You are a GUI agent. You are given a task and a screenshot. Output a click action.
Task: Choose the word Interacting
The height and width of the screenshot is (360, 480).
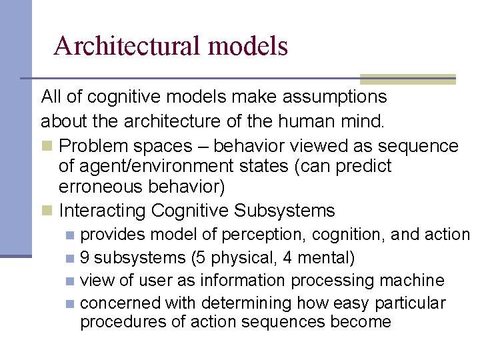102,211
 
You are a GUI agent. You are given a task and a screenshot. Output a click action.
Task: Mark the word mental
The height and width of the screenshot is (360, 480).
325,257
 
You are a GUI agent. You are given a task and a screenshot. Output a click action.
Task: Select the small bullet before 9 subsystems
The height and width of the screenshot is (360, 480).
71,258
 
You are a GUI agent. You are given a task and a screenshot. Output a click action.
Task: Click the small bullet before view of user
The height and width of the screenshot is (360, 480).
71,281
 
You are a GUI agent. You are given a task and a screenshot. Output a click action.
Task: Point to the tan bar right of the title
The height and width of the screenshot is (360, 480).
407,79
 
